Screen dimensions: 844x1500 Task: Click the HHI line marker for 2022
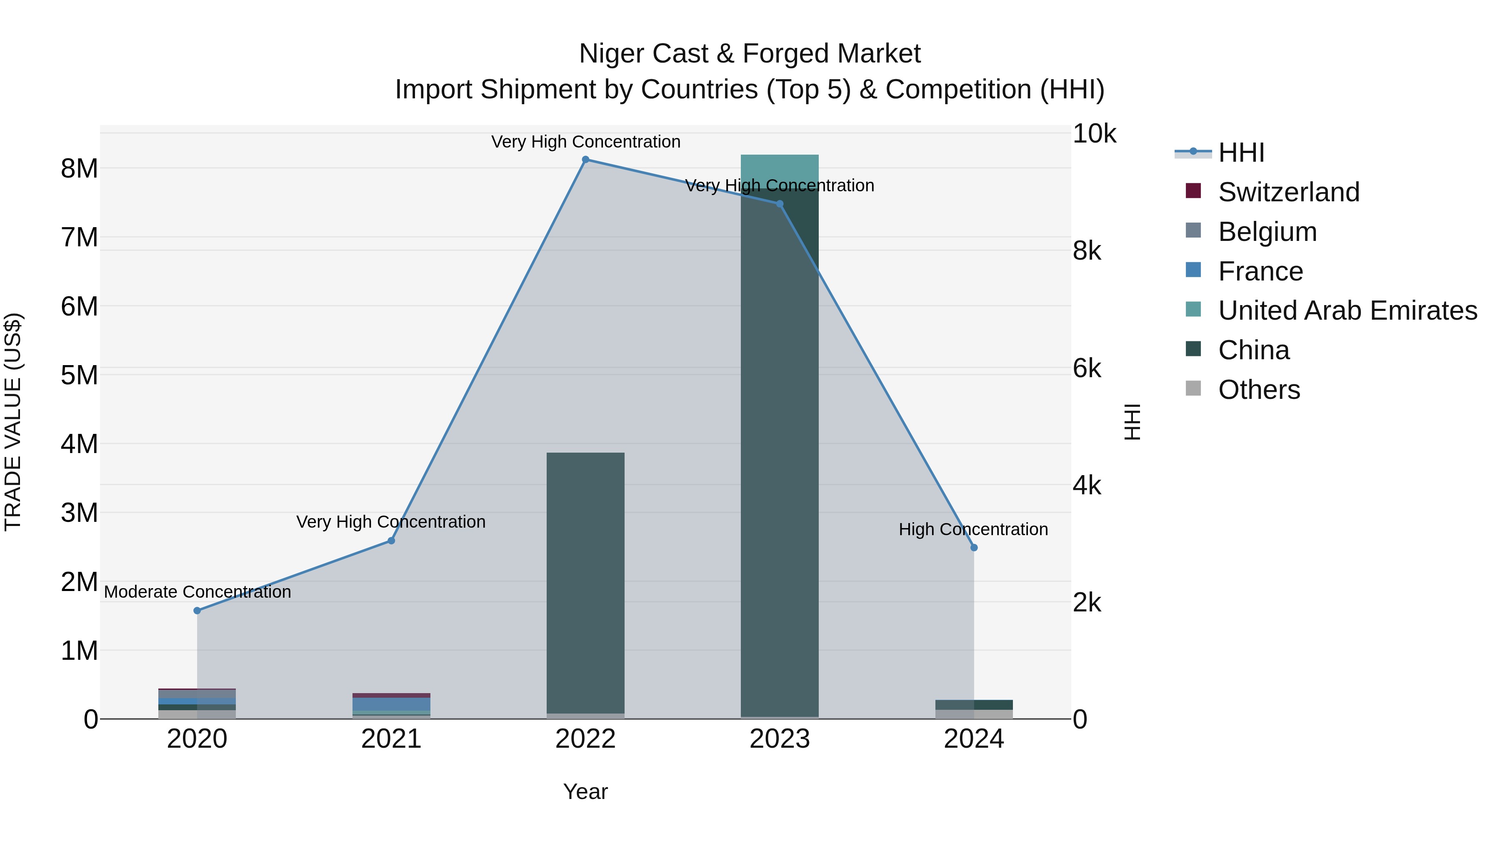(585, 160)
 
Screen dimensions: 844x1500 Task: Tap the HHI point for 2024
(974, 548)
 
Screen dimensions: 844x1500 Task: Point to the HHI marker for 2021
(391, 541)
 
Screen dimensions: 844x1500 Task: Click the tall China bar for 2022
(585, 583)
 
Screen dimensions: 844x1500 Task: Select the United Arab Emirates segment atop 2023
(779, 170)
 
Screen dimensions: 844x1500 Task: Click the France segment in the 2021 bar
(391, 704)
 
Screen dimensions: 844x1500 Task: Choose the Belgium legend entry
(1267, 232)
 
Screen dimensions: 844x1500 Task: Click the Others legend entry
(1258, 390)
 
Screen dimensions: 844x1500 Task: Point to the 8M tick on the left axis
(79, 168)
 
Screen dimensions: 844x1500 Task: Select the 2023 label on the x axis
(779, 739)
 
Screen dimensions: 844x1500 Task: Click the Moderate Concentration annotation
(197, 592)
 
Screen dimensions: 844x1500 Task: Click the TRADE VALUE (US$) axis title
(13, 422)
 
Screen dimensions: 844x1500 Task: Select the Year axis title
(585, 791)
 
